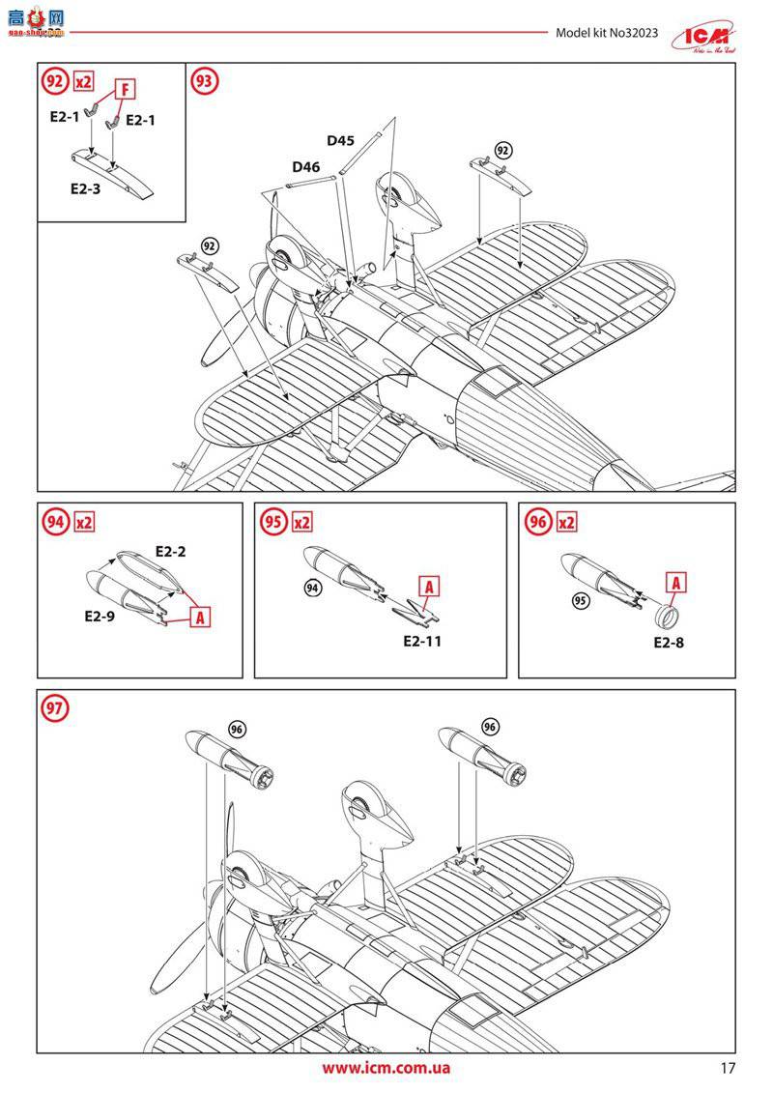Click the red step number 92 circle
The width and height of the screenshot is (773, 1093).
(x=54, y=82)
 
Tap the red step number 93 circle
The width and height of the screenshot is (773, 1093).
(x=204, y=82)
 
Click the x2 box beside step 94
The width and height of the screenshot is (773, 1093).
(x=84, y=522)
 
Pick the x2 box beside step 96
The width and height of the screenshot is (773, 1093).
(x=567, y=522)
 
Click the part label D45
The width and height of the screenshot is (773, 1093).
(x=340, y=140)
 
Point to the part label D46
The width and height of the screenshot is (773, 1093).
(x=305, y=166)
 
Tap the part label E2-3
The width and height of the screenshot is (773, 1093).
(x=85, y=189)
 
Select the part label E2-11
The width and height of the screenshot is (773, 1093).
(x=421, y=640)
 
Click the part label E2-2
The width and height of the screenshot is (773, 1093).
(x=170, y=552)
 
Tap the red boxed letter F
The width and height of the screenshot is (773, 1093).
(x=124, y=89)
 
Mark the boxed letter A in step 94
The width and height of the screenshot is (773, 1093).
(x=200, y=616)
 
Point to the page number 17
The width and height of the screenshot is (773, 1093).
(x=728, y=1069)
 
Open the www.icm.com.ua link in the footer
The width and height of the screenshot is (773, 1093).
(x=386, y=1068)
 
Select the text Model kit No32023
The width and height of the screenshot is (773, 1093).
(x=607, y=33)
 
